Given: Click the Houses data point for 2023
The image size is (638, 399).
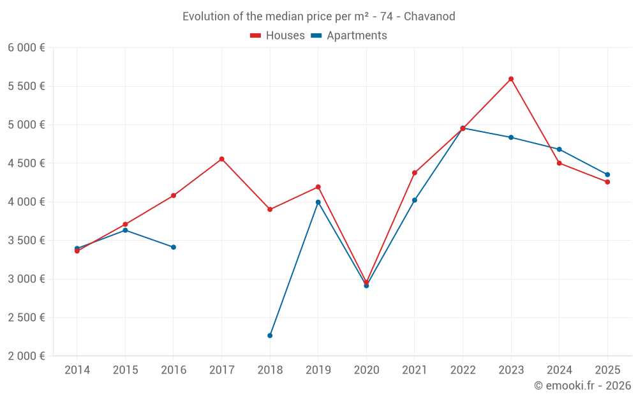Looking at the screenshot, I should coord(511,79).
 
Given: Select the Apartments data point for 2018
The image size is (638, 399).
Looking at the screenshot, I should coord(270,335).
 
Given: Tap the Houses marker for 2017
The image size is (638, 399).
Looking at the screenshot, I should coord(221,159).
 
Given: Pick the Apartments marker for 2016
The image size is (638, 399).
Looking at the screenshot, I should coord(174,247).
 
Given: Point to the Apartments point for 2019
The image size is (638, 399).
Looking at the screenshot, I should coord(318,202).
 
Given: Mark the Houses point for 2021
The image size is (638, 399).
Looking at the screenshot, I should coord(415,173).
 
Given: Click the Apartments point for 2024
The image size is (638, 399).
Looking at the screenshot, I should coord(560,149).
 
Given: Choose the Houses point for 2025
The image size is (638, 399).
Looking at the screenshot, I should coord(607,182).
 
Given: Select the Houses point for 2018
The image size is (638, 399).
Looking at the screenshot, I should coord(270,209).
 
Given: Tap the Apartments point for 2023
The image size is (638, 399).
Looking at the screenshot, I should coord(511,137).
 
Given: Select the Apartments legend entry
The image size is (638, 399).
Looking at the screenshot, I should coord(349,36).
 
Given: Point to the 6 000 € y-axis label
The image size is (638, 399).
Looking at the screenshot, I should coord(26,48).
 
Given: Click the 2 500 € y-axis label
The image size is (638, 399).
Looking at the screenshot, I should coord(26,317).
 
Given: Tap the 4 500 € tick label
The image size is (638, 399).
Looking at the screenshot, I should coord(26,163).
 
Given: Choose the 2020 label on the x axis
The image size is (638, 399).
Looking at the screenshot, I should coord(366,370).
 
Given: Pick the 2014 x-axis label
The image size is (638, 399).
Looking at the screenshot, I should coord(77,370).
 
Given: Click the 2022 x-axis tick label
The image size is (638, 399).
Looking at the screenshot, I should coord(463,370).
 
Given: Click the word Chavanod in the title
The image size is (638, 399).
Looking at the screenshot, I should coord(429,17).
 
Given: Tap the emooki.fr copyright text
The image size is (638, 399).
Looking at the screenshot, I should coord(582,386).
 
